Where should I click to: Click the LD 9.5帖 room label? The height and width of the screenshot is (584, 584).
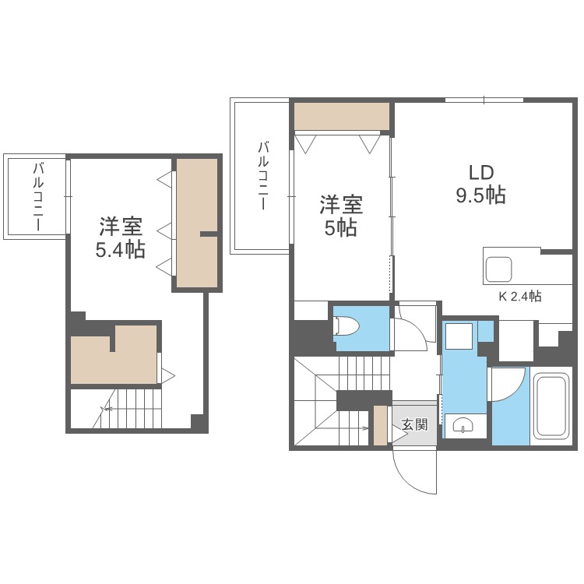click(x=480, y=185)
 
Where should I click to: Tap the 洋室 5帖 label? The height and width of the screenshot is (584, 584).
click(x=341, y=216)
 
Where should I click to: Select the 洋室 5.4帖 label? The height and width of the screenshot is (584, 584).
click(x=121, y=238)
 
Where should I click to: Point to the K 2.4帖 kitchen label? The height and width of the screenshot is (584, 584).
click(x=520, y=296)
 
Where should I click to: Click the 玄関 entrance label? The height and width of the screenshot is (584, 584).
click(x=414, y=425)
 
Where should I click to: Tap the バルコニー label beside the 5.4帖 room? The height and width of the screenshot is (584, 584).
click(x=37, y=196)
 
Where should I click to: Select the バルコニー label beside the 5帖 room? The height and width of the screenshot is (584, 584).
click(x=263, y=176)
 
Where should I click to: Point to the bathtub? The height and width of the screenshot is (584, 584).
click(x=552, y=406)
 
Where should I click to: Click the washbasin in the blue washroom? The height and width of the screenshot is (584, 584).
click(x=463, y=427)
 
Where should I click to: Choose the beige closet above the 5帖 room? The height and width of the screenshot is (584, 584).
click(x=341, y=117)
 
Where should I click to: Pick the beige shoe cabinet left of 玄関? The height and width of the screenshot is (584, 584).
click(x=380, y=425)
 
